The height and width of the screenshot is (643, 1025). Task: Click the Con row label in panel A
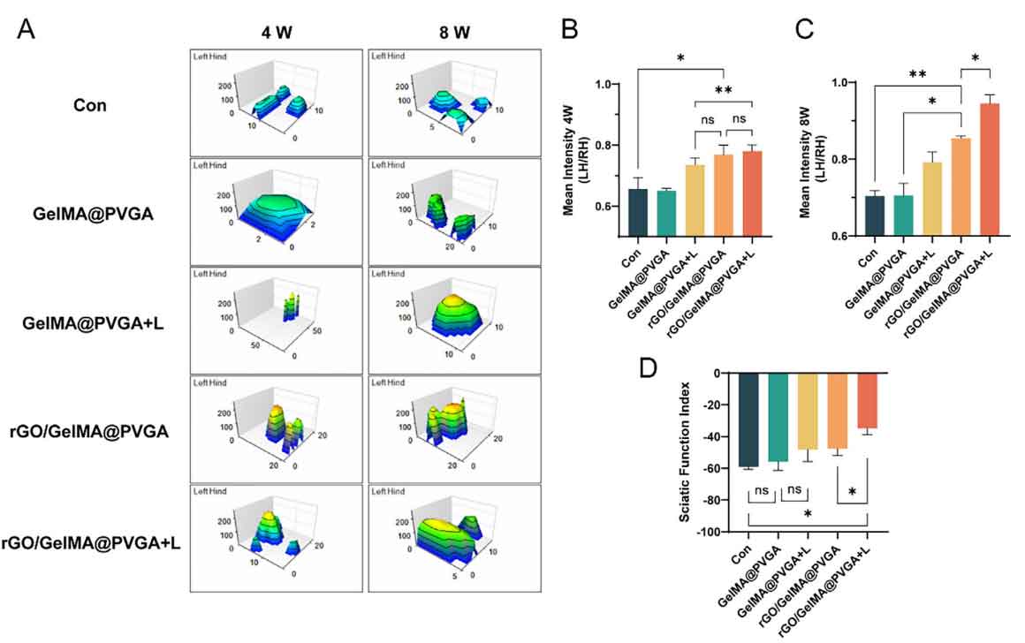tap(89, 105)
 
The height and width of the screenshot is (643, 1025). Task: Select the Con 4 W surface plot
tap(276, 102)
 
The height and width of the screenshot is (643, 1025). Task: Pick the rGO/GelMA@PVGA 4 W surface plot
tap(276, 428)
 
